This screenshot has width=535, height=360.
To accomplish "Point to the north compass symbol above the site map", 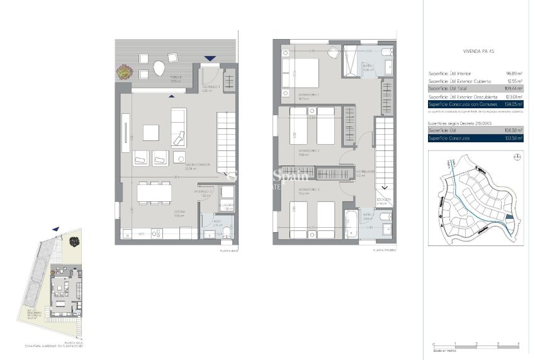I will tap(516, 159).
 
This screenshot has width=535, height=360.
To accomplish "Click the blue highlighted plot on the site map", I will tap(509, 218).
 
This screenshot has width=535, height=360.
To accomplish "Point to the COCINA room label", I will tap(179, 214).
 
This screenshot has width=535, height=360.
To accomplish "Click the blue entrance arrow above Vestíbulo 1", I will tap(209, 59).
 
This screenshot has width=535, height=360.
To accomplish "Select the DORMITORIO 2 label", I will tap(309, 152).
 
